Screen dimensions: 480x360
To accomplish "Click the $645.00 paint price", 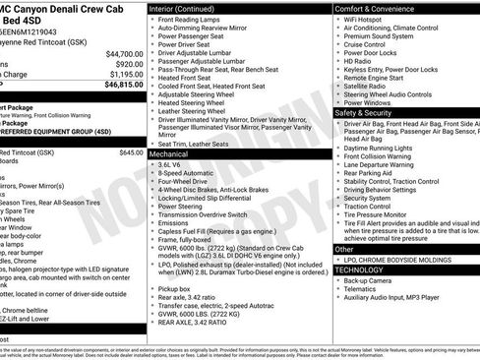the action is [x=131, y=153].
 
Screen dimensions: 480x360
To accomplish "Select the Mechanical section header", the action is [x=172, y=154].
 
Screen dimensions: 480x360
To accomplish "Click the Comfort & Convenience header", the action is [x=381, y=7].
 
